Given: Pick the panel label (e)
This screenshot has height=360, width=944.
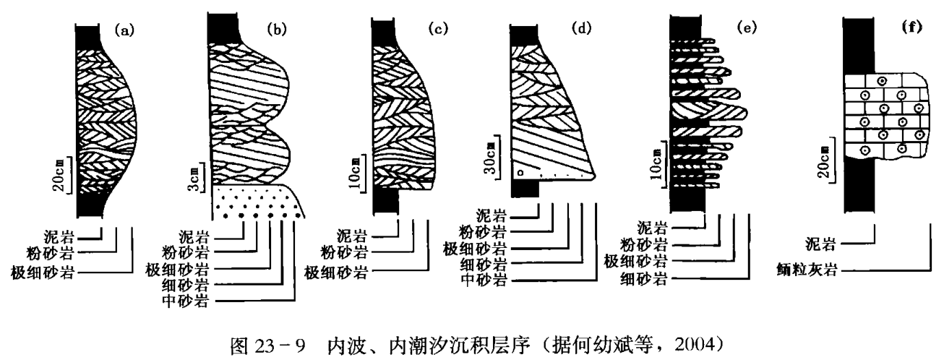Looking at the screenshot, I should pyautogui.click(x=740, y=31).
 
